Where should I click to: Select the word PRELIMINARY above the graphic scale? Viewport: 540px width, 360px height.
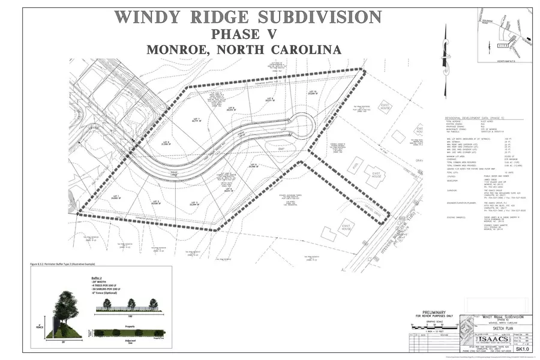point(430,312)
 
